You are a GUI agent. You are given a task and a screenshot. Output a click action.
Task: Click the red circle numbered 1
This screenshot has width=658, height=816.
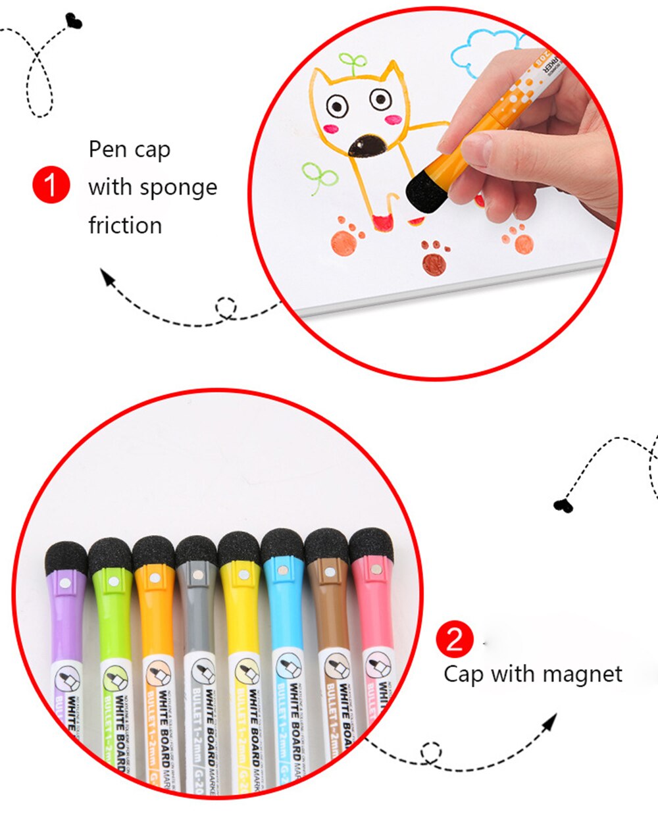click(x=51, y=185)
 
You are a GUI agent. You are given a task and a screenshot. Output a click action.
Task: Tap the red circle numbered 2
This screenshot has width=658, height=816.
click(x=455, y=639)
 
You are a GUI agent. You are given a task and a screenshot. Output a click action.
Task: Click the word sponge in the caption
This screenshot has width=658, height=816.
click(x=178, y=188)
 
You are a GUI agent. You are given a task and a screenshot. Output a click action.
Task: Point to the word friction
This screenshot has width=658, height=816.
click(x=125, y=226)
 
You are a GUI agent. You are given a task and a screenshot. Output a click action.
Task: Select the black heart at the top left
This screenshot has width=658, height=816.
click(x=74, y=22)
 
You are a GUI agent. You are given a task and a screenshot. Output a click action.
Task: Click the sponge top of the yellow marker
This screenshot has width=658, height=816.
click(x=239, y=548)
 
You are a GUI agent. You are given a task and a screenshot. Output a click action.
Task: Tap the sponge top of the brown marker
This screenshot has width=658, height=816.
click(x=327, y=545)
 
